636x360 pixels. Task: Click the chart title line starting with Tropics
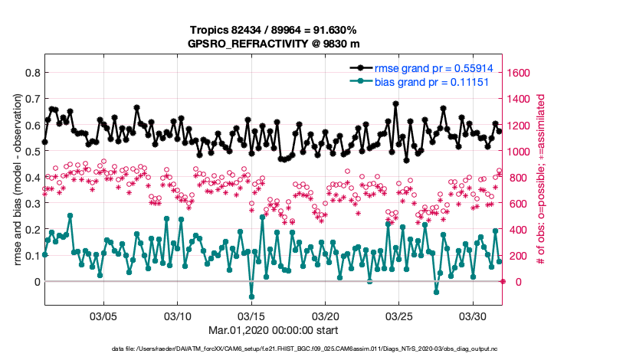click(273, 30)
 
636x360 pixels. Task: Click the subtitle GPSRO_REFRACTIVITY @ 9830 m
click(273, 44)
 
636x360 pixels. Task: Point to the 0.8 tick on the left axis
click(31, 73)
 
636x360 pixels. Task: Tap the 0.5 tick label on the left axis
click(31, 151)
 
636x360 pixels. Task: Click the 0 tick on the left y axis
click(35, 281)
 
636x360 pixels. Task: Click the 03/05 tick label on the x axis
click(103, 316)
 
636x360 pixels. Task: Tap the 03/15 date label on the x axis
click(251, 316)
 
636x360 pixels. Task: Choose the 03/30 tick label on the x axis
click(473, 316)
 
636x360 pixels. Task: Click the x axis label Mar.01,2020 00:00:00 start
click(273, 330)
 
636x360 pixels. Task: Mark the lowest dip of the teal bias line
click(251, 296)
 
